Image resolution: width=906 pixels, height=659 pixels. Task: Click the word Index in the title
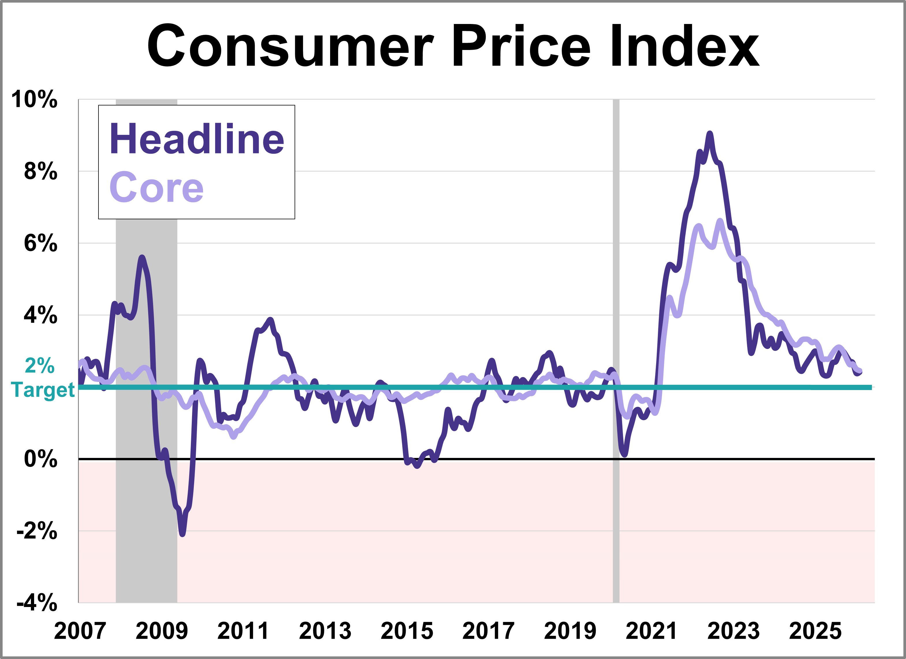click(685, 46)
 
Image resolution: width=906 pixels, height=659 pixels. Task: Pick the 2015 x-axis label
click(407, 631)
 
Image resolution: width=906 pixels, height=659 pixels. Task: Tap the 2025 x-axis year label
click(815, 631)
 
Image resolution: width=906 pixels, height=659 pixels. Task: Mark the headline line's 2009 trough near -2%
click(183, 534)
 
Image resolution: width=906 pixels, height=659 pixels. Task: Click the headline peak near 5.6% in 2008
click(142, 257)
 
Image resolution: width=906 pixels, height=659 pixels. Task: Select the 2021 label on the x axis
click(651, 631)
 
